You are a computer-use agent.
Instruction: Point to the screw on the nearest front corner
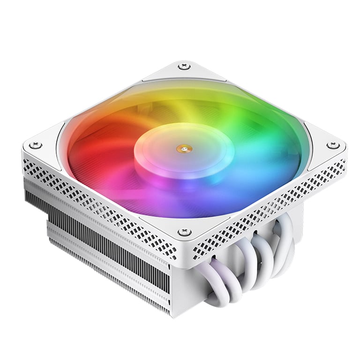tap(184, 232)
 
